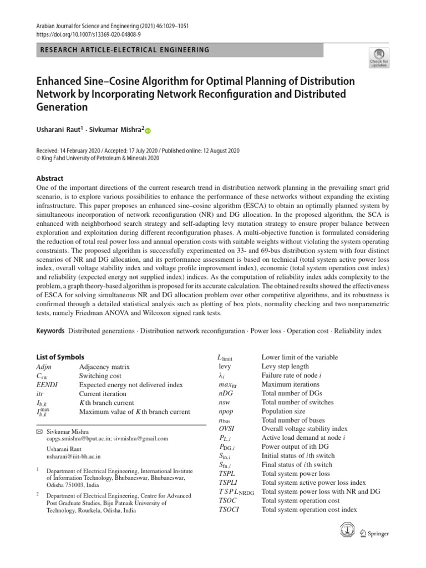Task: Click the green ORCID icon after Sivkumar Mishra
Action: pyautogui.click(x=148, y=130)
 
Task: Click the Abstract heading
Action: pyautogui.click(x=50, y=179)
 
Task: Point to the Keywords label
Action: pyautogui.click(x=50, y=331)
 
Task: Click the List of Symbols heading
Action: pyautogui.click(x=60, y=357)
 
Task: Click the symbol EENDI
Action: pyautogui.click(x=47, y=384)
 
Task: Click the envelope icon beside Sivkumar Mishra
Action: pyautogui.click(x=39, y=431)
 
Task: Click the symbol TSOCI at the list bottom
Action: pyautogui.click(x=229, y=509)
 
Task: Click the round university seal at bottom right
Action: pyautogui.click(x=347, y=531)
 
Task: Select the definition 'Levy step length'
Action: pyautogui.click(x=285, y=367)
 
